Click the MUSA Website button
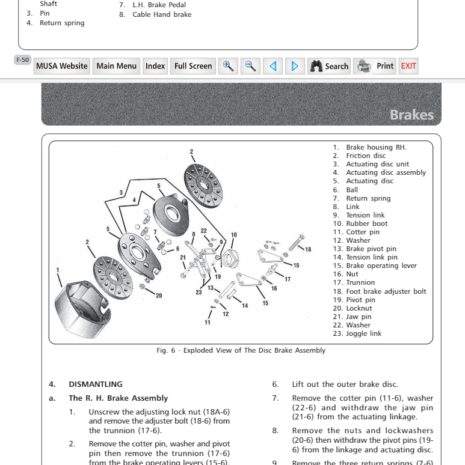pyautogui.click(x=61, y=66)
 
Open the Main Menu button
pyautogui.click(x=117, y=66)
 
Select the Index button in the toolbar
pyautogui.click(x=155, y=66)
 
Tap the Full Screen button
pyautogui.click(x=193, y=66)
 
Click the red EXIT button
pyautogui.click(x=408, y=66)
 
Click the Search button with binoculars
pyautogui.click(x=329, y=66)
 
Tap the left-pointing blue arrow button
pyautogui.click(x=273, y=66)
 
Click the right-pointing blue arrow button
pyautogui.click(x=294, y=66)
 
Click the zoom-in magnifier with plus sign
pyautogui.click(x=228, y=66)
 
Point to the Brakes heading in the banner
pyautogui.click(x=411, y=114)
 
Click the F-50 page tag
pyautogui.click(x=22, y=59)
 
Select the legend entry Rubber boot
pyautogui.click(x=366, y=223)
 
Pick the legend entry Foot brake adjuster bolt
pyautogui.click(x=386, y=291)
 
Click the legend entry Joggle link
pyautogui.click(x=363, y=333)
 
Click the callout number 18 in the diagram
pyautogui.click(x=308, y=249)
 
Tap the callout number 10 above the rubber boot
pyautogui.click(x=234, y=234)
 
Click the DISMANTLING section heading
pyautogui.click(x=96, y=384)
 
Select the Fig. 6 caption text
pyautogui.click(x=241, y=350)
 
